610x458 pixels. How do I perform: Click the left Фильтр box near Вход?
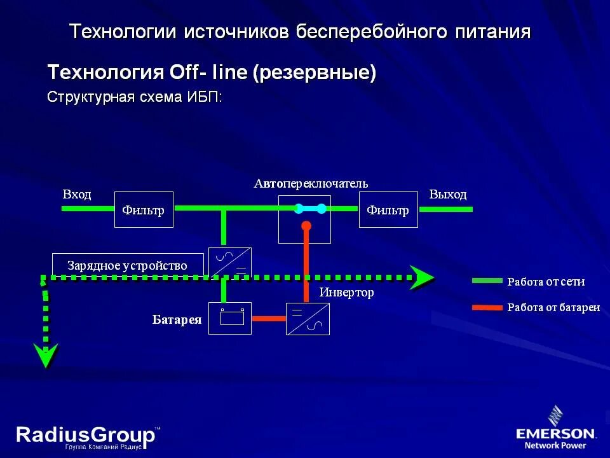[144, 209]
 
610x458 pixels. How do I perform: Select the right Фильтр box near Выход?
[388, 209]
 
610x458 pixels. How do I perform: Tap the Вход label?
[77, 194]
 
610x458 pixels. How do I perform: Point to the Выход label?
[448, 194]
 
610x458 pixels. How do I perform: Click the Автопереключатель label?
[311, 183]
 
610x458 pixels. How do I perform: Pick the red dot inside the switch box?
[306, 226]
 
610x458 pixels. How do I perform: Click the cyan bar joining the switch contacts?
[309, 208]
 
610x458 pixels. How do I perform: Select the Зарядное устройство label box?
[128, 265]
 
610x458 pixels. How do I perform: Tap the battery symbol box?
[230, 318]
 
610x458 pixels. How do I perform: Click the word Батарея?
[177, 319]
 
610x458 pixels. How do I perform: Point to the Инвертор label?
[346, 293]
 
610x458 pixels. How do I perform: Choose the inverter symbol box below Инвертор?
[308, 319]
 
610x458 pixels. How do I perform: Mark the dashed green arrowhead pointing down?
[46, 355]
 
